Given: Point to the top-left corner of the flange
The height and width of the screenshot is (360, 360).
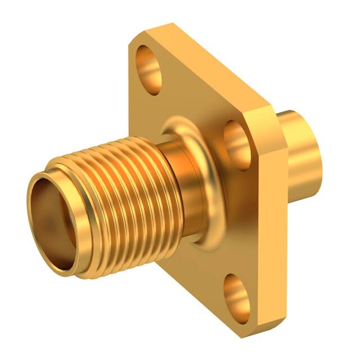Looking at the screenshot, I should click(135, 39).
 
